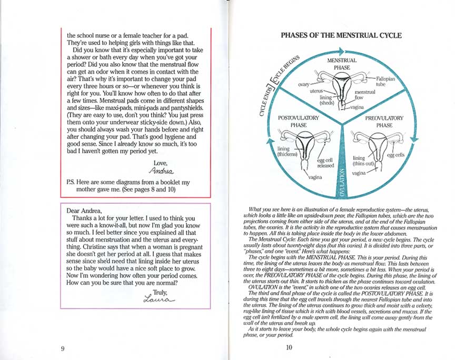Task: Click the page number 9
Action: (x=63, y=347)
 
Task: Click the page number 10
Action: (x=289, y=347)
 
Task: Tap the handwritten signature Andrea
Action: (x=161, y=171)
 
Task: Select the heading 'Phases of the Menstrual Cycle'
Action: (x=341, y=36)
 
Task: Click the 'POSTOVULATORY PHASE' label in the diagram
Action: (x=298, y=122)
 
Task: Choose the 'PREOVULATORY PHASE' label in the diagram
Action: (x=384, y=122)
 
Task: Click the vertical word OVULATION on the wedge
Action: (x=342, y=182)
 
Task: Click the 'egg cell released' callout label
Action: (x=325, y=162)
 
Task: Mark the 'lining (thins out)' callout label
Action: (x=363, y=161)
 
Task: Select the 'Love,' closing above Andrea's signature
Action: (x=161, y=163)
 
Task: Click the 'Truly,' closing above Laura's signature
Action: (x=161, y=291)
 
